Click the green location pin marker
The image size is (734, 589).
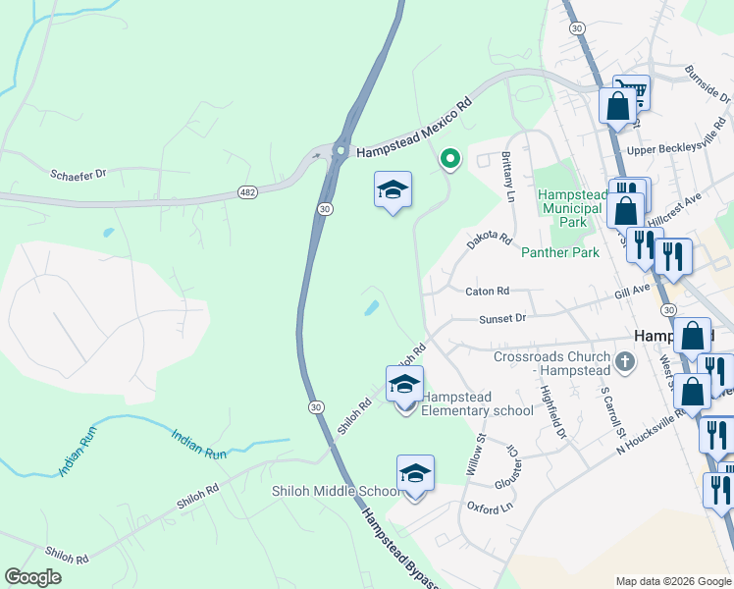449,158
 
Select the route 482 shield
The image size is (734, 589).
247,192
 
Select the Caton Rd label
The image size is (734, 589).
488,292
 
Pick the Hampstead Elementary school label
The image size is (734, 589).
477,403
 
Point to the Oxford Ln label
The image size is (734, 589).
491,508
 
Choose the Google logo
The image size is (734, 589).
32,577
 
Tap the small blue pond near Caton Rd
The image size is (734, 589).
372,308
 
